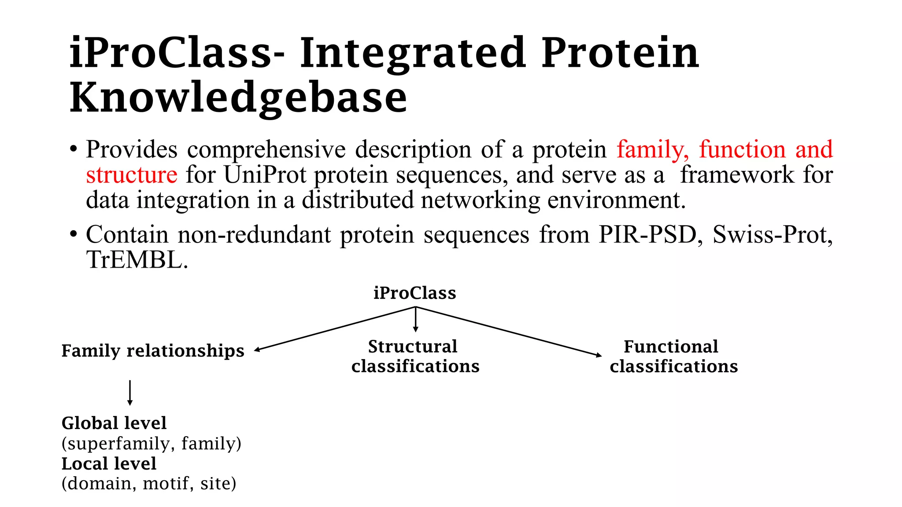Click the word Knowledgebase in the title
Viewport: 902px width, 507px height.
(x=238, y=98)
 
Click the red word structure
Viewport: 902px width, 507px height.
(x=131, y=175)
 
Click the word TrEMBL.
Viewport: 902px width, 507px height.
(x=137, y=260)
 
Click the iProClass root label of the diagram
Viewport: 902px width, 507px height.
(x=414, y=293)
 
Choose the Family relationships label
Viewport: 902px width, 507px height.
(x=152, y=351)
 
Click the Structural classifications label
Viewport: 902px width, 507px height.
(x=415, y=356)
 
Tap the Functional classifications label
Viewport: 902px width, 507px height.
(x=673, y=356)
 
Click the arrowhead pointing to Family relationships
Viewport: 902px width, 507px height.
(x=257, y=350)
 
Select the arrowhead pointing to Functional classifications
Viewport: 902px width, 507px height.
(x=599, y=355)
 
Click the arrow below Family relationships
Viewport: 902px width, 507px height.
(x=129, y=393)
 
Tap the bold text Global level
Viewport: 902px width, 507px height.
(x=114, y=423)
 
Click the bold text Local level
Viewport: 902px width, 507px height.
(x=109, y=463)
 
